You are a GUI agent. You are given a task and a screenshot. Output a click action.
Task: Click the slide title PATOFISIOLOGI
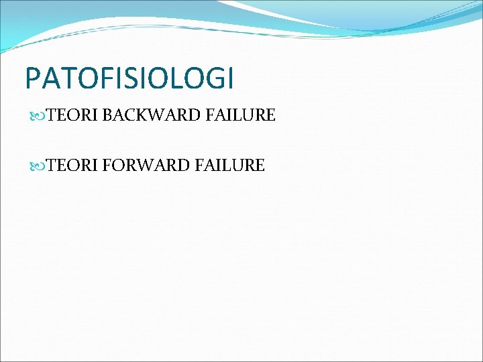[x=129, y=78]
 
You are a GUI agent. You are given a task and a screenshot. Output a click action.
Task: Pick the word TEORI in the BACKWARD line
[x=72, y=116]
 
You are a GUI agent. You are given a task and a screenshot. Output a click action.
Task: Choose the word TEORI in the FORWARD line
[x=72, y=165]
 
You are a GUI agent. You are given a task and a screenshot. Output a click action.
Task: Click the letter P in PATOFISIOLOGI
[x=32, y=78]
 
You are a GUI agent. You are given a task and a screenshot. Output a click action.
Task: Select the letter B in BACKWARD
[x=109, y=116]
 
